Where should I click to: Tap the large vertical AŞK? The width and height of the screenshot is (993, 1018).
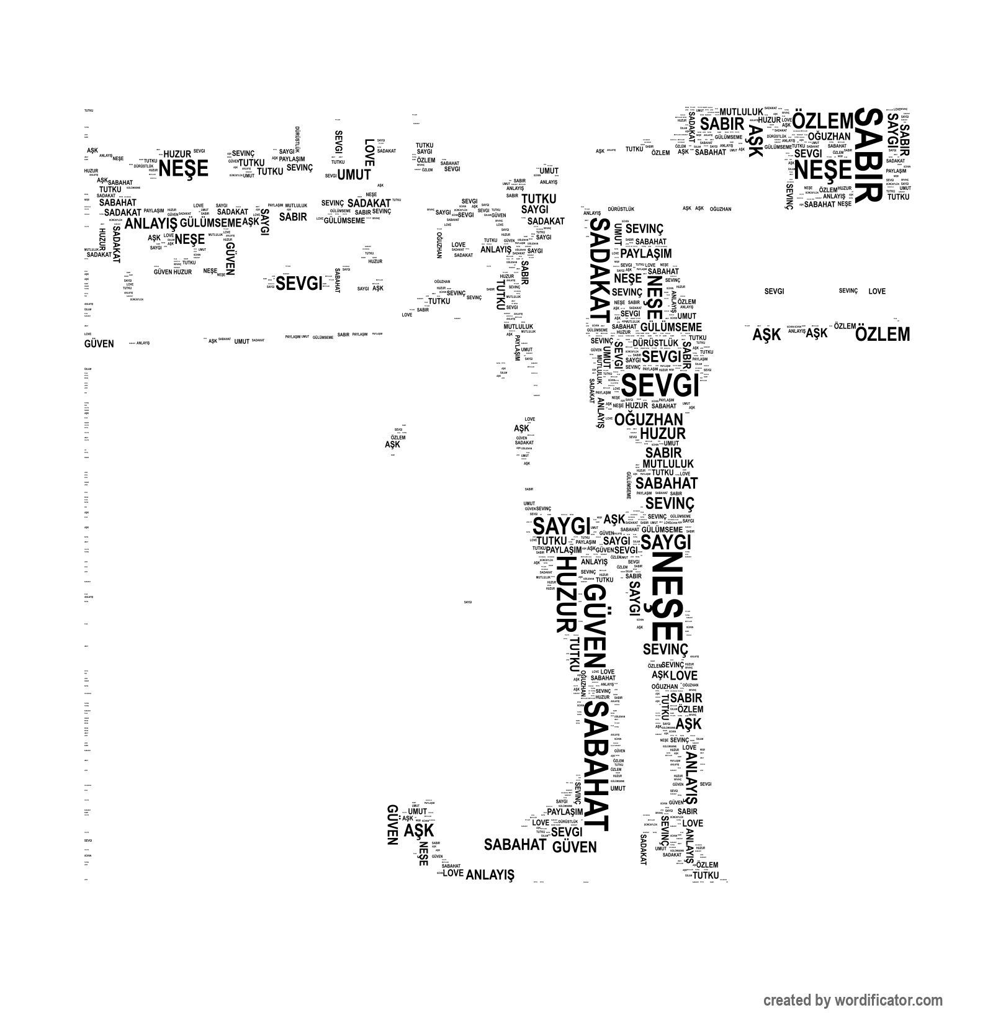(755, 142)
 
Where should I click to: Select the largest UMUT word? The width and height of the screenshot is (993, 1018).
(354, 174)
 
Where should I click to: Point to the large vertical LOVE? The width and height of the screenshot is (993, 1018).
(369, 152)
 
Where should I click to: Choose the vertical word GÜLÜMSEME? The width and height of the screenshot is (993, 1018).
(629, 485)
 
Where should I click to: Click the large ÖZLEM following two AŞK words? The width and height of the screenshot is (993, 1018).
(883, 335)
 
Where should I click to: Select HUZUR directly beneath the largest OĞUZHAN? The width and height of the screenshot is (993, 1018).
(662, 433)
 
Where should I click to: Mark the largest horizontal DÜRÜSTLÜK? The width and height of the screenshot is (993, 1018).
(655, 343)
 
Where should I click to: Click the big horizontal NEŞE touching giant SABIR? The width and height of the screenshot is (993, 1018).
(824, 169)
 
